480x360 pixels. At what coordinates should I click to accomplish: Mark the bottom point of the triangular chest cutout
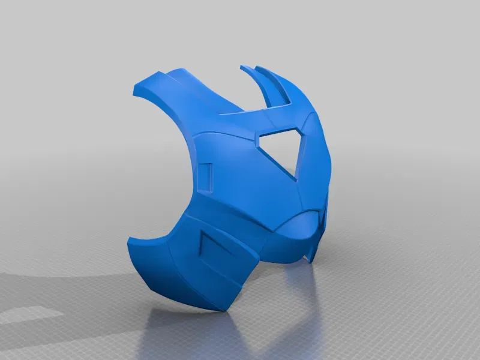295,178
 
